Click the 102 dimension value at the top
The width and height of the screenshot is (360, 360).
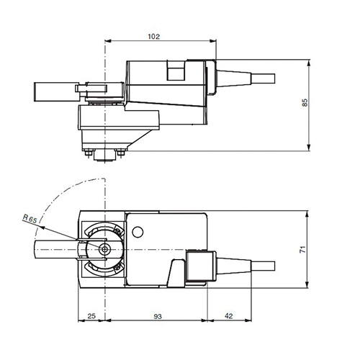click(x=153, y=36)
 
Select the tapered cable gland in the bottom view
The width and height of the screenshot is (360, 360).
click(x=230, y=264)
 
